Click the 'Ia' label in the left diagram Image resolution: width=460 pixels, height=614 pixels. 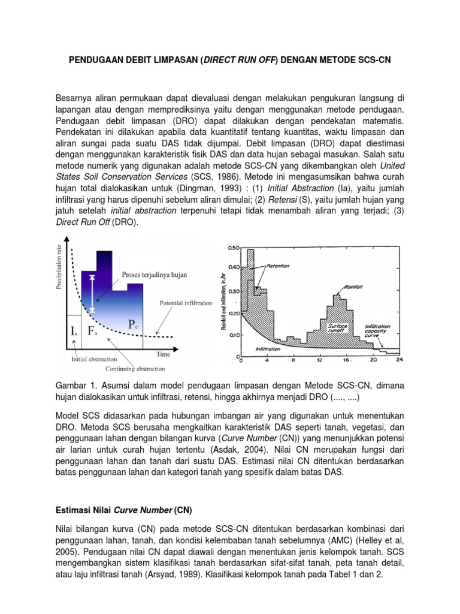coord(73,332)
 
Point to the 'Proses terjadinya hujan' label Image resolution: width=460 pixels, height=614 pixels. coord(155,275)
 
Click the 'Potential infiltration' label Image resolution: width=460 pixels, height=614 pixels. coord(185,303)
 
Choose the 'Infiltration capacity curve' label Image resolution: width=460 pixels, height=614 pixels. coord(378,330)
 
